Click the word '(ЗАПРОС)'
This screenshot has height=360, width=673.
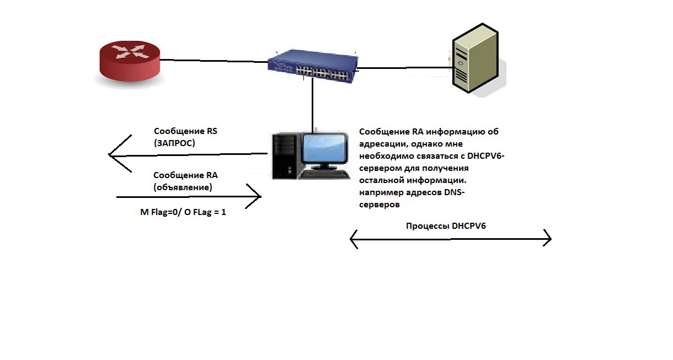pos(175,142)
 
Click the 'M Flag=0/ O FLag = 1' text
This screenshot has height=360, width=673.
pos(183,211)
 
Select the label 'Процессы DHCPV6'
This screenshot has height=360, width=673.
pos(446,225)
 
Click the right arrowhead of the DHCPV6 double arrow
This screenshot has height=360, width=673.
pos(548,239)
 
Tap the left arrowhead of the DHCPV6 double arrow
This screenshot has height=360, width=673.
pos(354,239)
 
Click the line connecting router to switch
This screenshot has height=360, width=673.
pos(215,60)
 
